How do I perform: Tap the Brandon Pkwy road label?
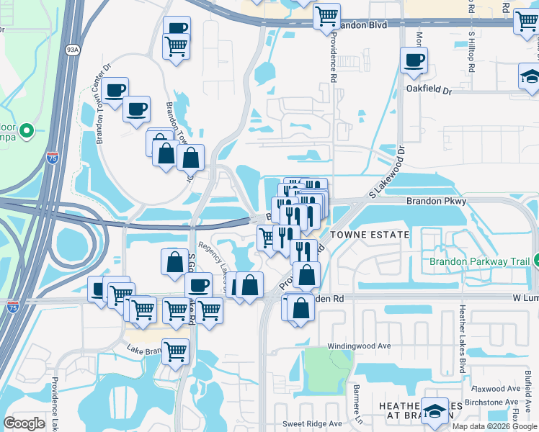pyautogui.click(x=436, y=202)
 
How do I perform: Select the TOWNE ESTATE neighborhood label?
pyautogui.click(x=370, y=235)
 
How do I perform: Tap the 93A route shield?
pyautogui.click(x=72, y=50)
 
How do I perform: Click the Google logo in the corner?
pyautogui.click(x=24, y=423)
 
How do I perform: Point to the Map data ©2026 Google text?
pyautogui.click(x=494, y=426)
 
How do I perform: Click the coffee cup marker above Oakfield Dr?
pyautogui.click(x=414, y=60)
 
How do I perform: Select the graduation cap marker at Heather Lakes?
pyautogui.click(x=435, y=411)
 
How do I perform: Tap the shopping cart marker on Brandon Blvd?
pyautogui.click(x=327, y=14)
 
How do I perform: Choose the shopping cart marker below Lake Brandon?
pyautogui.click(x=175, y=351)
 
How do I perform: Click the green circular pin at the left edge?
pyautogui.click(x=27, y=132)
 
